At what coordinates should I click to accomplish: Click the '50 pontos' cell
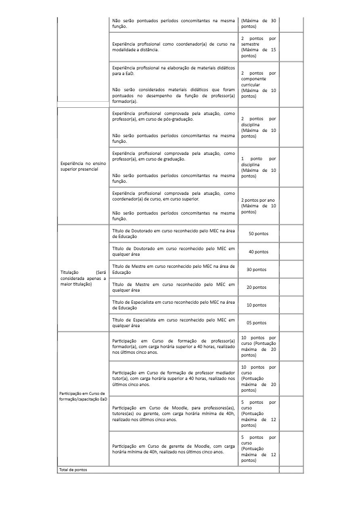tap(258, 234)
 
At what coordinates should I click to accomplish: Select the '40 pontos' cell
tap(258, 252)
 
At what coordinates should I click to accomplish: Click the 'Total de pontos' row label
tap(73, 470)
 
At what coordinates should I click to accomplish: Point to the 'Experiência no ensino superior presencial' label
tap(83, 166)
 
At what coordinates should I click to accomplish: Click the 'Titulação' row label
tap(83, 278)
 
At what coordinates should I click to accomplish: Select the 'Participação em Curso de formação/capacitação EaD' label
tap(83, 396)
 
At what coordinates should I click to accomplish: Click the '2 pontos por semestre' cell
tap(258, 47)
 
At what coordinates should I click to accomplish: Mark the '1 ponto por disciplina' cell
tap(258, 167)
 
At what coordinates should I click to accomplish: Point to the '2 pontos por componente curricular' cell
tap(258, 85)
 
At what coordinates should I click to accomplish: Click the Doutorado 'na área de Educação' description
tap(173, 234)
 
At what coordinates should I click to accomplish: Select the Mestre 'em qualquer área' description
tap(173, 287)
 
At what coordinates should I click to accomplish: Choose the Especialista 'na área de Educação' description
tap(173, 305)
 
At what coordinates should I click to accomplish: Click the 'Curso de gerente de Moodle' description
tap(173, 449)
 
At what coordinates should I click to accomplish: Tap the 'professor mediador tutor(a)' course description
tap(173, 379)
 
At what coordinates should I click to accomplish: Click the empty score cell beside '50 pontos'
tap(291, 234)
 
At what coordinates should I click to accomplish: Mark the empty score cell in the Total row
tap(291, 470)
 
